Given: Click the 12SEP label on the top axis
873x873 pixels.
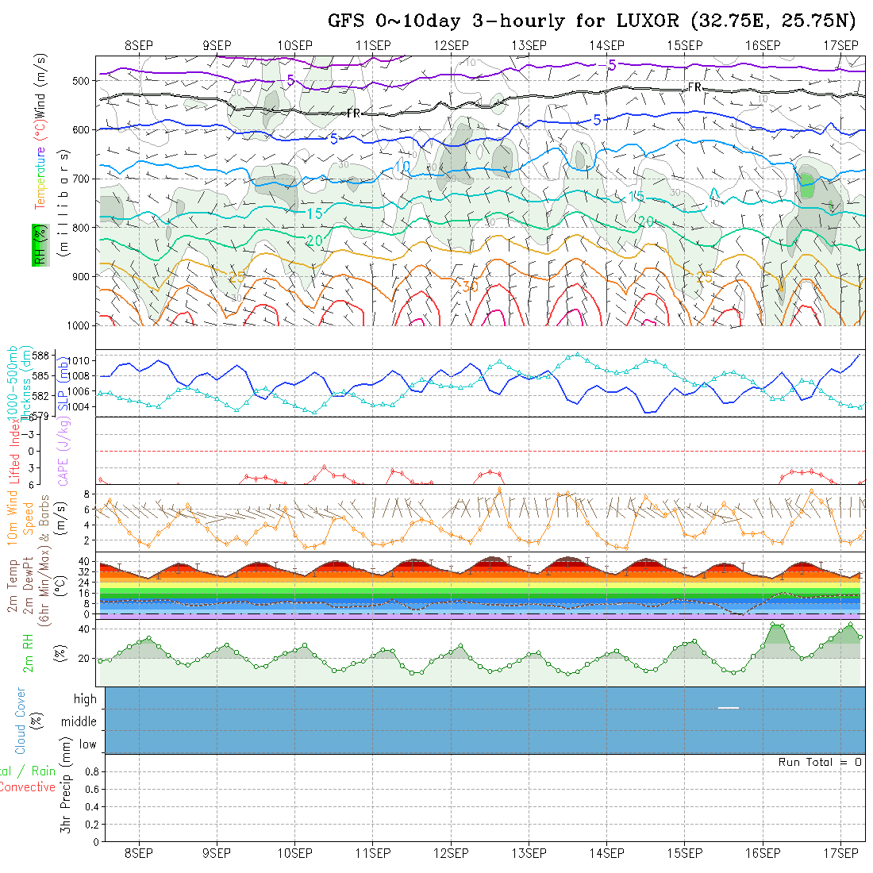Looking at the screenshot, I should [451, 45].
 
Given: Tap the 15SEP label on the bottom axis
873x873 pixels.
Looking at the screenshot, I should [684, 853].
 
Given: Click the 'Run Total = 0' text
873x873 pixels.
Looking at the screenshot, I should [820, 762].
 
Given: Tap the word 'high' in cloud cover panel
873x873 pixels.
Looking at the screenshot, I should [85, 699].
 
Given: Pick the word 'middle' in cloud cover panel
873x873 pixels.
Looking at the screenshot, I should [79, 722].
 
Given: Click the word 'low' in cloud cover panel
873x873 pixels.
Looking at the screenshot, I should [87, 744].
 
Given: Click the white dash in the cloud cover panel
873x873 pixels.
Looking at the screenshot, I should [729, 707].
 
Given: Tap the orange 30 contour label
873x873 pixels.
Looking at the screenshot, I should [470, 287].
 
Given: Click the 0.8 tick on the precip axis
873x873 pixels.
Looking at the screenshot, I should [90, 771].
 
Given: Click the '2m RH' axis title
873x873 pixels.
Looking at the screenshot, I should [28, 652].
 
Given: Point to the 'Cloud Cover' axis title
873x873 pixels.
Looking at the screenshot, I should [21, 721].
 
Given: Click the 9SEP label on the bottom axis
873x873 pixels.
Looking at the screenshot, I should [217, 853].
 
